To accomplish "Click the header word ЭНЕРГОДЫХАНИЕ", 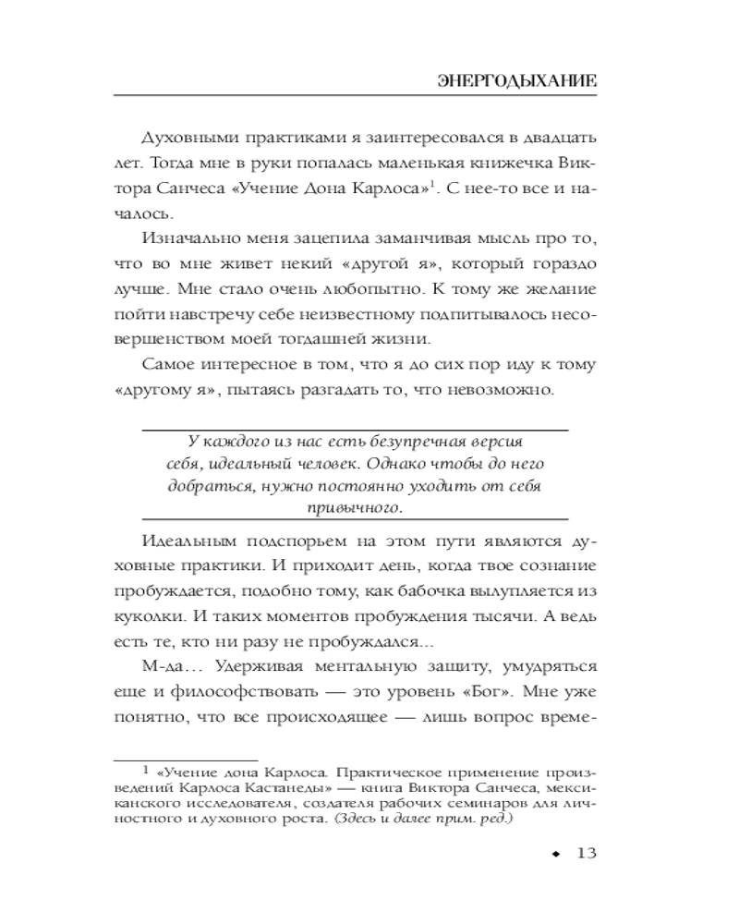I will (516, 80).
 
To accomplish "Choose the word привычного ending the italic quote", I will (355, 507).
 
